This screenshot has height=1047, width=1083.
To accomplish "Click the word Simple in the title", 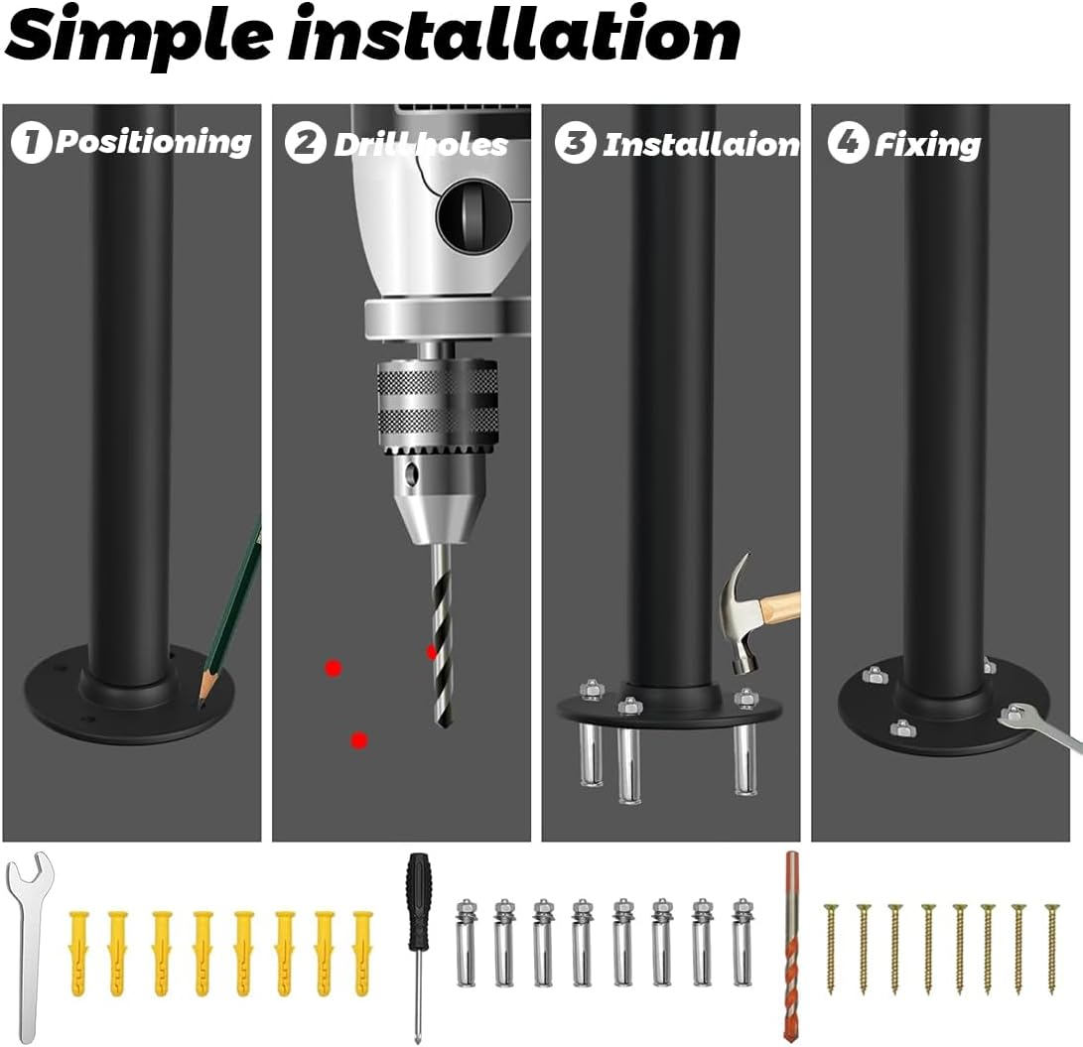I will tap(138, 36).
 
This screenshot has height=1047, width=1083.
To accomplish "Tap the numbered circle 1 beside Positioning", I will tap(31, 143).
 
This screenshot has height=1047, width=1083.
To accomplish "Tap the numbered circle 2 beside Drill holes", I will tap(305, 143).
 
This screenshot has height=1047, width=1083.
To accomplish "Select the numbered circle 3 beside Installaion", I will tap(575, 143).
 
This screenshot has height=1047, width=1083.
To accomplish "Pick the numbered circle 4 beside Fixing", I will tap(847, 143).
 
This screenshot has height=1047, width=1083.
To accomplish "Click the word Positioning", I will tap(153, 142).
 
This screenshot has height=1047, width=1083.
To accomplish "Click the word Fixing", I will tap(927, 145).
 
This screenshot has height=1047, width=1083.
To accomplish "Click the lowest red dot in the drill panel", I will tap(359, 740).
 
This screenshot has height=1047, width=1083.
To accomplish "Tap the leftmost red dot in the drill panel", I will tap(334, 668).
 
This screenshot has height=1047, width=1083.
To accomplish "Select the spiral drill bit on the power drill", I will tap(441, 635).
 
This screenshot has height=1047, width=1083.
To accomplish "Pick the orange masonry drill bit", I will tap(791, 943).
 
